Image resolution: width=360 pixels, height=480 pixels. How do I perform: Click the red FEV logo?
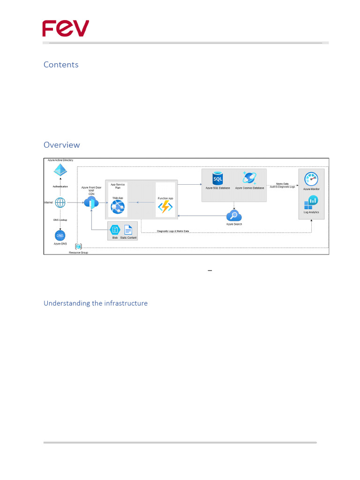(66, 29)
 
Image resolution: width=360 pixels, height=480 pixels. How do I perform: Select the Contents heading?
(61, 65)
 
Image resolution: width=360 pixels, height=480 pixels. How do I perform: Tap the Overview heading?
(62, 145)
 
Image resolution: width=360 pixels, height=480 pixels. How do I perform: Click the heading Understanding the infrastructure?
(96, 303)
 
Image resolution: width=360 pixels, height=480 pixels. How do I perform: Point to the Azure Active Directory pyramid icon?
(60, 171)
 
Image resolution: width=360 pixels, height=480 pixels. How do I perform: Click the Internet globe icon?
(60, 202)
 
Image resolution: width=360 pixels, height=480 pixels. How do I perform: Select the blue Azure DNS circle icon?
(60, 235)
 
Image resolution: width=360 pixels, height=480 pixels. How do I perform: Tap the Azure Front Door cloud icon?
(91, 202)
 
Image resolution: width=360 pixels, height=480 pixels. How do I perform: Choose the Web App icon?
(117, 207)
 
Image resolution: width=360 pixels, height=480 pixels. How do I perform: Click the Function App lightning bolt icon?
(165, 207)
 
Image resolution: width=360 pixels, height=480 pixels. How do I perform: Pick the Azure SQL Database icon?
(217, 178)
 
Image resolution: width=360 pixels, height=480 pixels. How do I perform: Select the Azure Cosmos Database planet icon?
(249, 178)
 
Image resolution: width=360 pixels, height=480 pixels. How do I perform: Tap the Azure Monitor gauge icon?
(311, 179)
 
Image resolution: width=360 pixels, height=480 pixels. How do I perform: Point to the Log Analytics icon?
(311, 202)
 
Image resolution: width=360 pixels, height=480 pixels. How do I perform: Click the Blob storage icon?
(115, 230)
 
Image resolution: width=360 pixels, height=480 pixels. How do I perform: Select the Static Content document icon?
(128, 230)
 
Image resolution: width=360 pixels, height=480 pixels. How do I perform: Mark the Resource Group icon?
(78, 247)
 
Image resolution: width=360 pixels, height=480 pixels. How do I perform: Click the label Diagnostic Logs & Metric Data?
(173, 231)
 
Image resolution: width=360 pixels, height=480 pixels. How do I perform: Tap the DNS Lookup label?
(60, 219)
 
